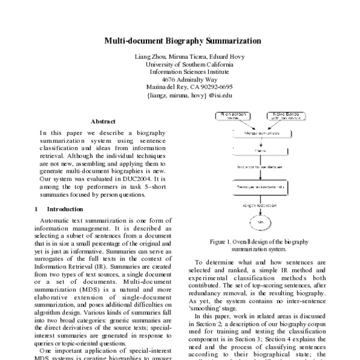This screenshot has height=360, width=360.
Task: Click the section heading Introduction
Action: [65, 209]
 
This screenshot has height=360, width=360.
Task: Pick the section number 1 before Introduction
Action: [37, 209]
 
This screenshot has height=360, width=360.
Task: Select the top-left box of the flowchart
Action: [233, 115]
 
